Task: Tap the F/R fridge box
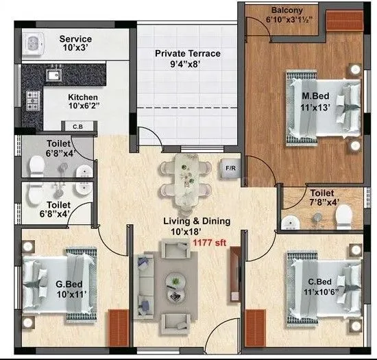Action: tap(230, 167)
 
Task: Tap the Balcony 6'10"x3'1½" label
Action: tap(293, 16)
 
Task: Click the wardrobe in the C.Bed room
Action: tap(255, 328)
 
